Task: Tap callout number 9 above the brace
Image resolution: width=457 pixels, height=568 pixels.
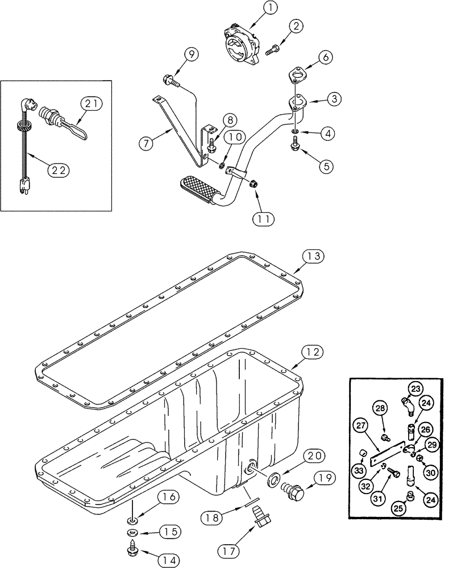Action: [x=191, y=55]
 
